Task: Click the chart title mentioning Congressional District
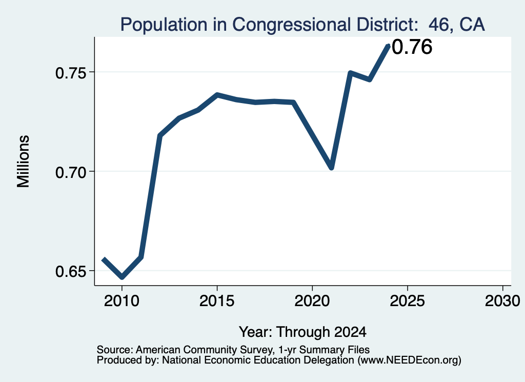tap(302, 25)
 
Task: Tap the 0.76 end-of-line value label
tap(412, 47)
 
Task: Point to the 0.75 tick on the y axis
tap(70, 73)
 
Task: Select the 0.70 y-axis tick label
tap(70, 172)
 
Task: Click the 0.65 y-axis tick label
tap(70, 271)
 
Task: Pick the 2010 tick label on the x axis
tap(122, 300)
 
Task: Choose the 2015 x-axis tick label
tap(217, 300)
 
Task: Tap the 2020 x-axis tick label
tap(312, 300)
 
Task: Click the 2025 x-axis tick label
tap(407, 300)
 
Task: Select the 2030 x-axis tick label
tap(502, 300)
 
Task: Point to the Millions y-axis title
tap(24, 162)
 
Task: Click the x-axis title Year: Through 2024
tap(302, 332)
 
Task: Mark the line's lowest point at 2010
tap(122, 277)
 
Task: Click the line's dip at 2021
tap(332, 167)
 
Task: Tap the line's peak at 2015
tap(217, 95)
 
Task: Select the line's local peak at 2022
tap(350, 73)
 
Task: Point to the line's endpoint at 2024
tap(389, 46)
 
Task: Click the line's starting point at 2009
tap(104, 259)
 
